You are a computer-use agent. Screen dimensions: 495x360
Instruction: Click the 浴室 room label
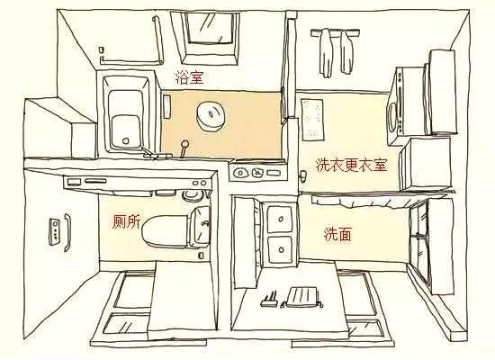[x=190, y=77]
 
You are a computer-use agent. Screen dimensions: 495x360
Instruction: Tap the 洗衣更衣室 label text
[x=351, y=165]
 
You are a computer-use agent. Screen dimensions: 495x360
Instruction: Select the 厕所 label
[x=127, y=221]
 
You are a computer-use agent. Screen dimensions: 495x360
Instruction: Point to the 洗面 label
[x=337, y=234]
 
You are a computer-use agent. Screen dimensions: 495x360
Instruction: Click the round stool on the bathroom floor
[x=211, y=116]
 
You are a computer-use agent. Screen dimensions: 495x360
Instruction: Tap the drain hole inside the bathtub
[x=126, y=140]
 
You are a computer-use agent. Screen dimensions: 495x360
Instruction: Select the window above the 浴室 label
[x=210, y=36]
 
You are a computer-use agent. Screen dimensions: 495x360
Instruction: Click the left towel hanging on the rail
[x=326, y=53]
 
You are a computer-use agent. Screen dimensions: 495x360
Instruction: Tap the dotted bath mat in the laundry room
[x=312, y=120]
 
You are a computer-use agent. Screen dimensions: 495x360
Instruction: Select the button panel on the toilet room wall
[x=54, y=231]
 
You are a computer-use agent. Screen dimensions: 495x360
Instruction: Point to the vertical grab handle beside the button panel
[x=67, y=232]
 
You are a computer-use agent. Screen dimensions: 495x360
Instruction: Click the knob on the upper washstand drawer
[x=281, y=220]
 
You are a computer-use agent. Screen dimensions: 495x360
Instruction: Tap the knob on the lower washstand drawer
[x=282, y=250]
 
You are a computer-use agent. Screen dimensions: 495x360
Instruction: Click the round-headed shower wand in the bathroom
[x=184, y=148]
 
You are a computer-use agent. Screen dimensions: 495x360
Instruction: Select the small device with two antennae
[x=269, y=300]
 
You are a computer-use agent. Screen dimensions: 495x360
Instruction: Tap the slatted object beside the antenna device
[x=302, y=297]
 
